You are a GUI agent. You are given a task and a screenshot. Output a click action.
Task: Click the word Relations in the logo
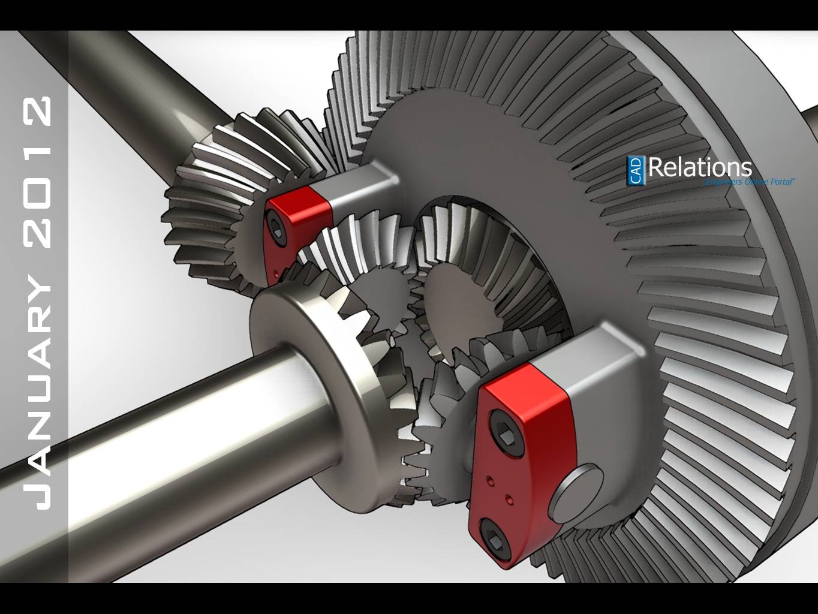[x=699, y=167]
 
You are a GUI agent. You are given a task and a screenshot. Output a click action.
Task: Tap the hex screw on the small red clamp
[x=276, y=229]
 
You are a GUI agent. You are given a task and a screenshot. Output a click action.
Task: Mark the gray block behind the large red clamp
[x=606, y=372]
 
